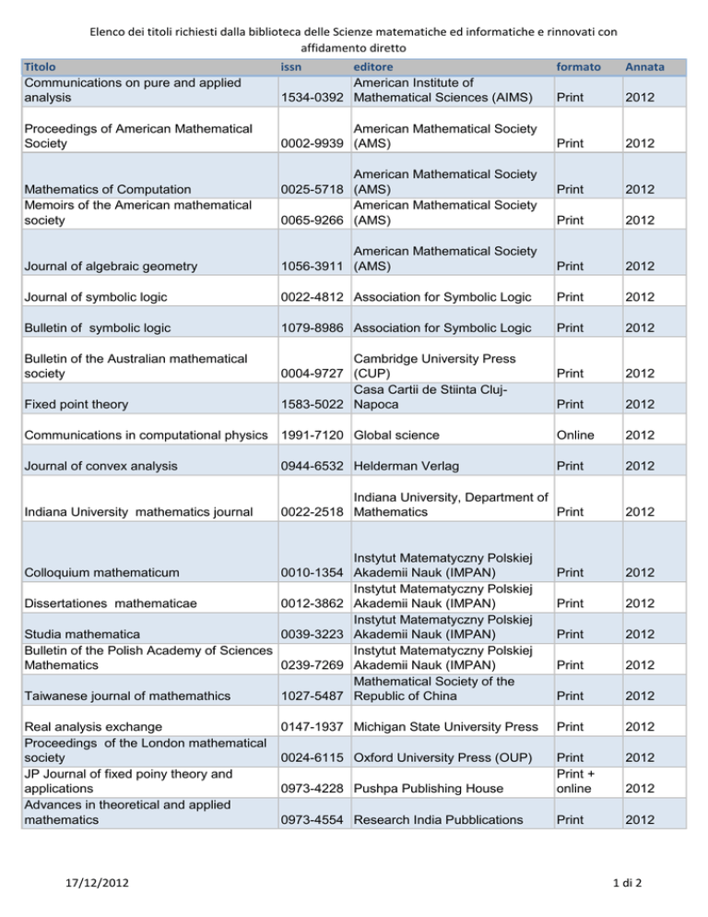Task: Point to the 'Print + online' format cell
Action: click(579, 780)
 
